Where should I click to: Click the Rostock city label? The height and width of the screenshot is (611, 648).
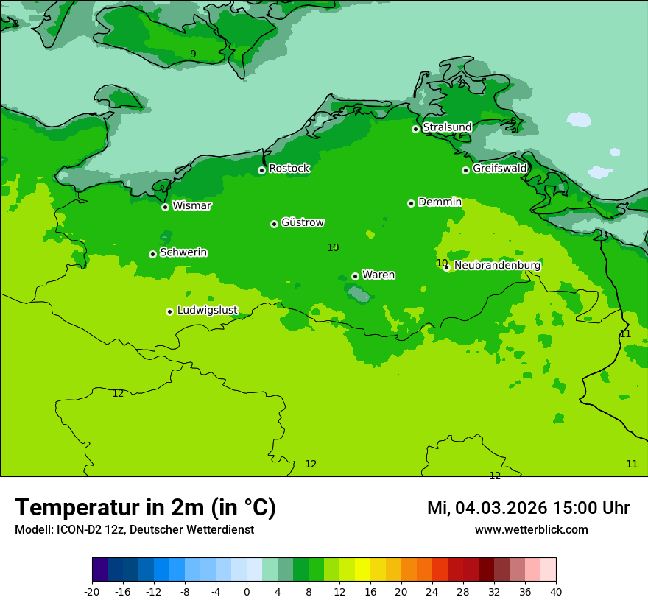pos(289,169)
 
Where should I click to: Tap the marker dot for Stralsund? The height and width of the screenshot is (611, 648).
pos(415,129)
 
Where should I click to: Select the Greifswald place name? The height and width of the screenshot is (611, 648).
pos(499,169)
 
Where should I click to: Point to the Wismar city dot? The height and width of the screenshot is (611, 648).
pos(165,207)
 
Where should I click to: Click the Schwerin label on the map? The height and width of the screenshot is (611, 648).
pos(183,252)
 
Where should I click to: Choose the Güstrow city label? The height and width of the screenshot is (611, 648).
pos(302,222)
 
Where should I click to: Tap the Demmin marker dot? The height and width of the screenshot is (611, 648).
pos(411,203)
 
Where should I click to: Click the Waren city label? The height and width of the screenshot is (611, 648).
pos(378,275)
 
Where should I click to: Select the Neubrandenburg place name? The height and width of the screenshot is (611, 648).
pos(497,266)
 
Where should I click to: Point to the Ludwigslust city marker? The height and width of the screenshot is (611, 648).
pos(169,311)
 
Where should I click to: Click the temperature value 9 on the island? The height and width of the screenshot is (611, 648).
pos(193,54)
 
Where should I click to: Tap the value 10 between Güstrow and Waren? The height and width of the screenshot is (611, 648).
pos(333,247)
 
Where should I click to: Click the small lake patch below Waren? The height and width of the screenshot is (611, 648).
pos(359,295)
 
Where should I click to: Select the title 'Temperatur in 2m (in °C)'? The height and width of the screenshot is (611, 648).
pos(145,507)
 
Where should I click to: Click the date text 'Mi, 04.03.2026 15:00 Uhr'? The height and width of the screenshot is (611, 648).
pos(528,508)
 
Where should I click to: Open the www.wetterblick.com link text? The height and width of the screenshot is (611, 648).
pos(531,529)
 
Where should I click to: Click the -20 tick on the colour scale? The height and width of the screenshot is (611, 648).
pos(92,592)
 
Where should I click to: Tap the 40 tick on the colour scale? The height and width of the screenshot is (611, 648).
pos(556,592)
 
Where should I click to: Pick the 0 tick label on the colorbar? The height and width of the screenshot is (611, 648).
pos(247,592)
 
